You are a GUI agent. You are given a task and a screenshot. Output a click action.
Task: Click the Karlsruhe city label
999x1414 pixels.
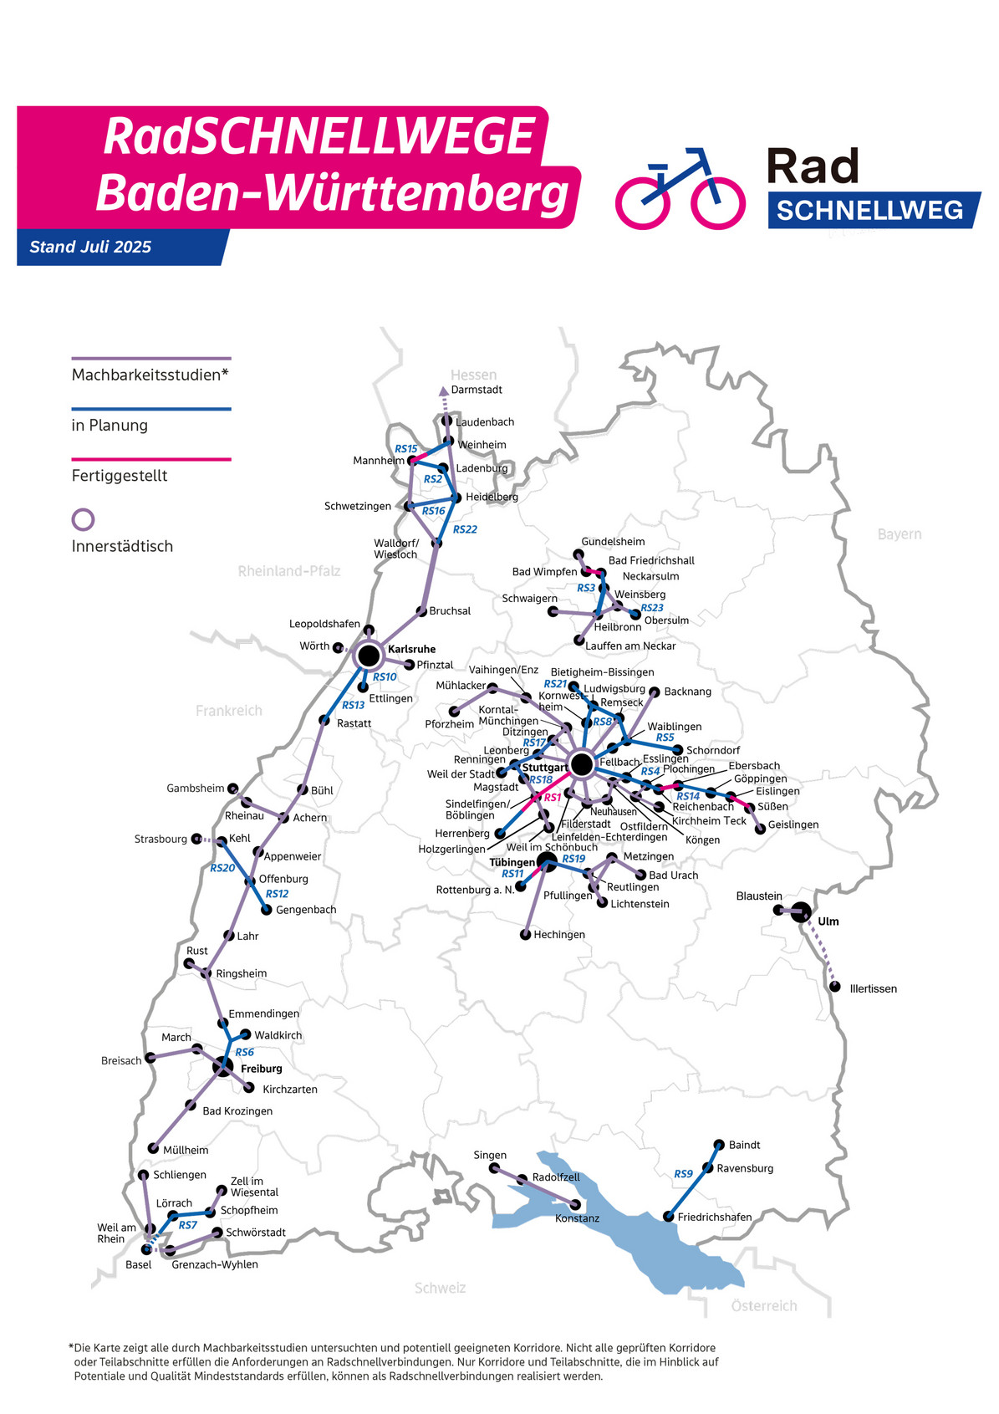tap(411, 649)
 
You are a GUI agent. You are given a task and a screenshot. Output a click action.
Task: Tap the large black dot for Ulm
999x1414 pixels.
tap(801, 912)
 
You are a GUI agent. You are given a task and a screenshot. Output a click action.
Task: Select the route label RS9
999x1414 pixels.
tap(683, 1174)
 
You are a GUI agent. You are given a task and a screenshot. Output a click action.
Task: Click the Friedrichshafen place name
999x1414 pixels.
tap(714, 1217)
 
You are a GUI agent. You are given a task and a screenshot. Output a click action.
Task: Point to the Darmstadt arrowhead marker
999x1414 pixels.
tap(443, 391)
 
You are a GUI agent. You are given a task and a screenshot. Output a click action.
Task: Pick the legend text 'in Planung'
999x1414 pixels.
tap(110, 426)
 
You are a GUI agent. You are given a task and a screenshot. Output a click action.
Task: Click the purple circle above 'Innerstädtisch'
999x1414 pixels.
tap(83, 519)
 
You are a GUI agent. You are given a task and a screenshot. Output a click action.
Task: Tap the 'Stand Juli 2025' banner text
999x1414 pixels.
tap(90, 247)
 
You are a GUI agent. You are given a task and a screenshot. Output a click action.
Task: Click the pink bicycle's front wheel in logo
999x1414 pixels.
tap(718, 203)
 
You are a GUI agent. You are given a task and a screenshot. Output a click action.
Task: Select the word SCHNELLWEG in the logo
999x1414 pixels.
tap(869, 210)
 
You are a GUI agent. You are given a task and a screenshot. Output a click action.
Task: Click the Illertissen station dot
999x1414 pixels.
tap(834, 987)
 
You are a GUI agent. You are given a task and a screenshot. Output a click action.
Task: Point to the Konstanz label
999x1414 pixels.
tap(577, 1218)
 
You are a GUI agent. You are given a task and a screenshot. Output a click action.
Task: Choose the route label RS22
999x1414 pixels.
tap(465, 529)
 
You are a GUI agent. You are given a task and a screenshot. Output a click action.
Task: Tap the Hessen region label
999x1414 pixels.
tap(473, 375)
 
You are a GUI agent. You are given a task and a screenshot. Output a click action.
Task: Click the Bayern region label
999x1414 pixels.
tap(899, 534)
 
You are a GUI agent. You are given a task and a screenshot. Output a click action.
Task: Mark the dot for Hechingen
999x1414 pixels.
tap(526, 935)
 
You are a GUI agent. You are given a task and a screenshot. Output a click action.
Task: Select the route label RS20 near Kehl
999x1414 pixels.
tap(222, 868)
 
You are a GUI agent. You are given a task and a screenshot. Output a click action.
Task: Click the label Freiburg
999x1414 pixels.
tap(261, 1069)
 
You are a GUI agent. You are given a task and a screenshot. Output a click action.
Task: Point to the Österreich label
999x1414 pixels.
tap(763, 1306)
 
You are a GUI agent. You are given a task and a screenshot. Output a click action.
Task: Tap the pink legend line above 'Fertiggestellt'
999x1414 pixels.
tap(150, 459)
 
